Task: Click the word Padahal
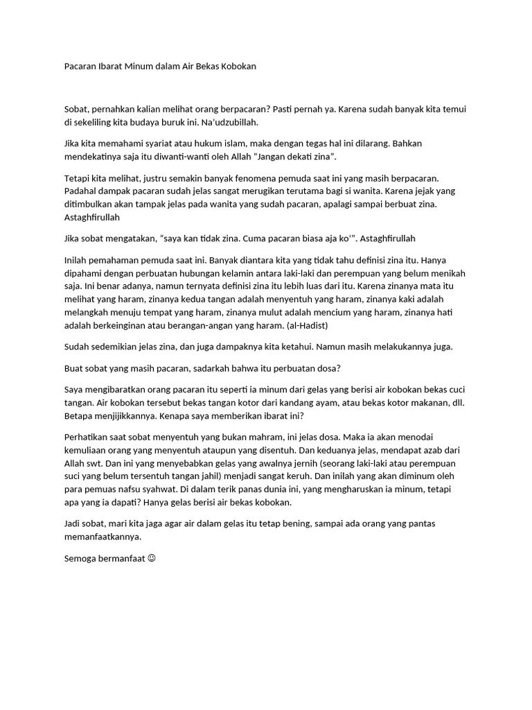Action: (80, 191)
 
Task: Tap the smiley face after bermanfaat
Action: (152, 559)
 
